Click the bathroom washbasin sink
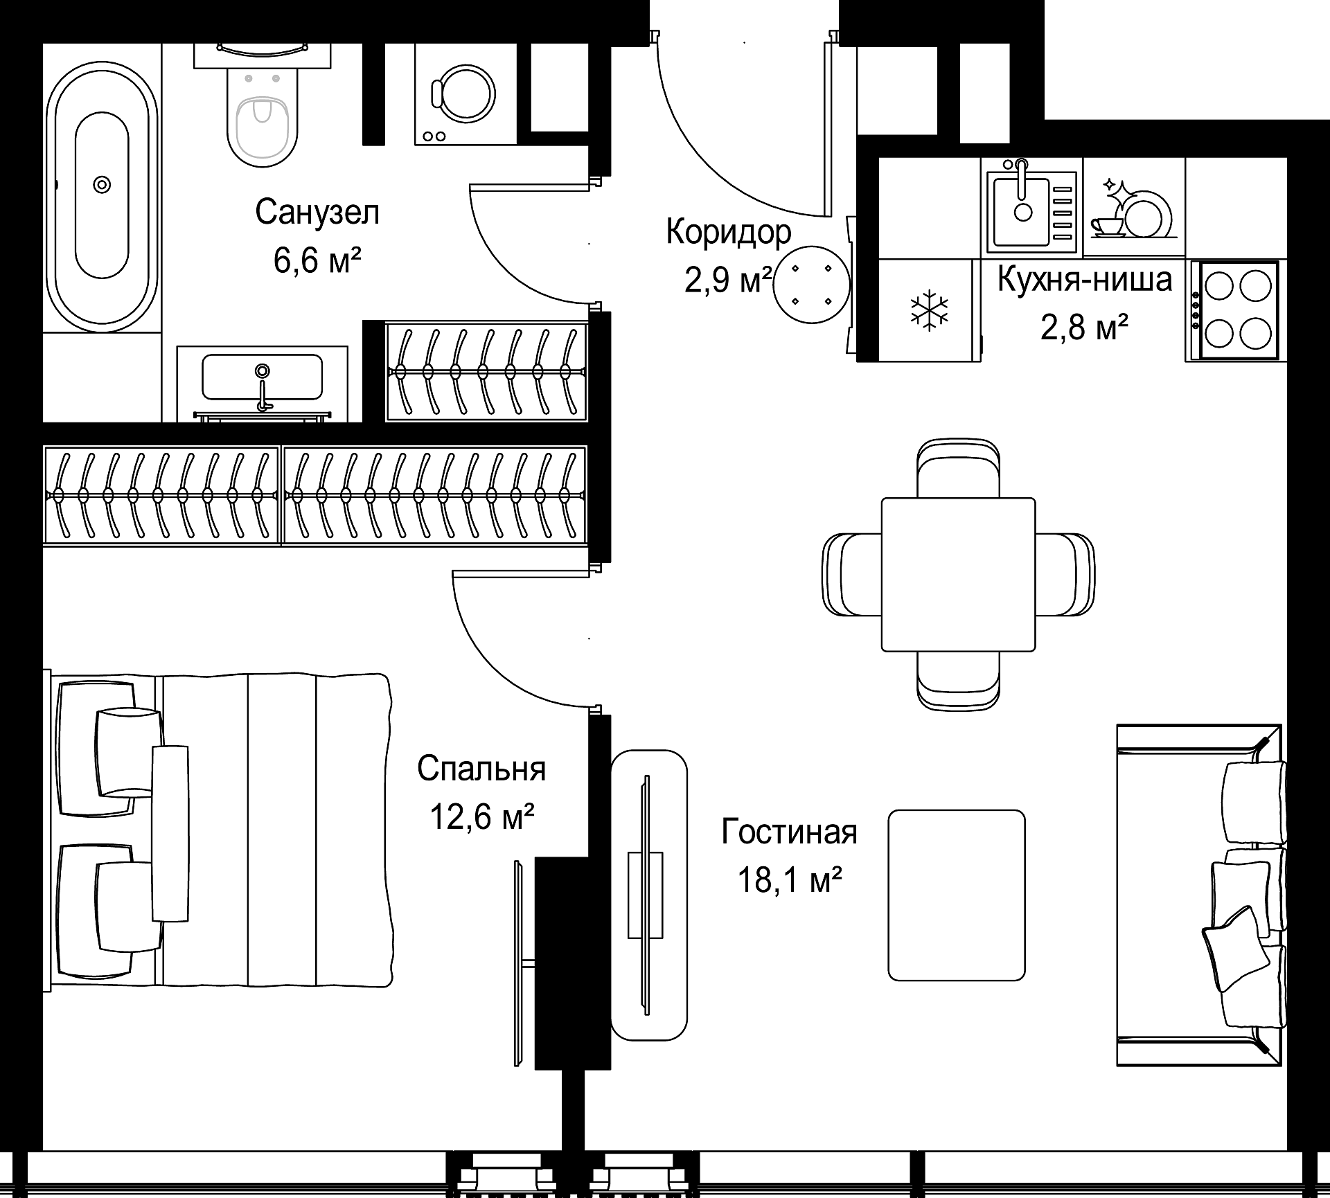coord(262,377)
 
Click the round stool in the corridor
coord(811,285)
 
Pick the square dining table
coord(958,574)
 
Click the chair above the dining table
coord(958,468)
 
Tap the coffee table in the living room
coord(957,895)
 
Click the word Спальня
coord(481,769)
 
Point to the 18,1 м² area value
coord(790,881)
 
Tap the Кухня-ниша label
coord(1085,279)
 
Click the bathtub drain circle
coord(102,184)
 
